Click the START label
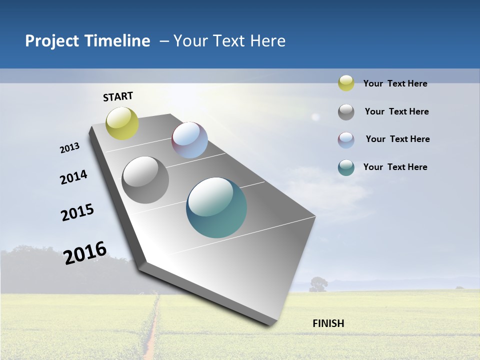(x=118, y=96)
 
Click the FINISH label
(x=328, y=323)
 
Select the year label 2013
(x=69, y=148)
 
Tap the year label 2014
(x=73, y=177)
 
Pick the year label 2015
(x=77, y=212)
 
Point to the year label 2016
(x=85, y=252)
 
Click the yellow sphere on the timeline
(x=122, y=123)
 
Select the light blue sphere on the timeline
(x=189, y=140)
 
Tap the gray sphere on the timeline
(x=145, y=180)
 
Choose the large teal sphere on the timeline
(x=216, y=207)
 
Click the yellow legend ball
(x=346, y=83)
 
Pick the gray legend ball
(x=346, y=112)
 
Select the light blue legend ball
(x=346, y=140)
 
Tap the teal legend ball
(x=346, y=167)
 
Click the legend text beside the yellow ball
(x=395, y=83)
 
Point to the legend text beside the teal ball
(x=395, y=167)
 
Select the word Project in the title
(x=52, y=41)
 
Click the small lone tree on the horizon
(x=318, y=284)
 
